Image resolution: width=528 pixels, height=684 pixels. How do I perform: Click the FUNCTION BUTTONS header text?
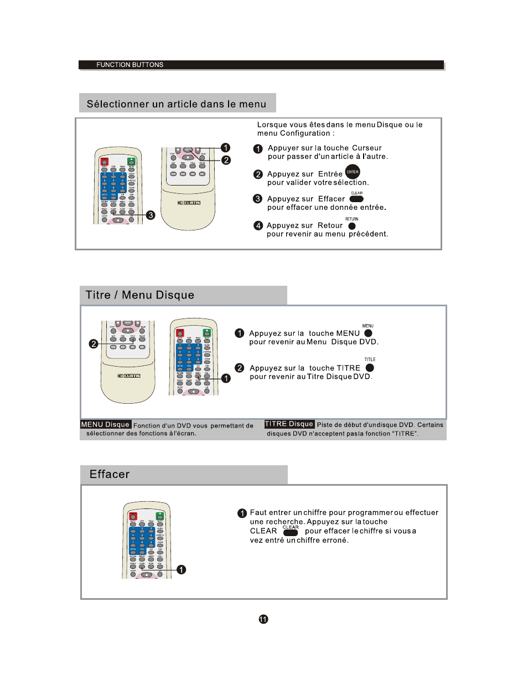(130, 65)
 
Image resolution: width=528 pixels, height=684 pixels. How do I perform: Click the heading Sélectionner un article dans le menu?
(177, 104)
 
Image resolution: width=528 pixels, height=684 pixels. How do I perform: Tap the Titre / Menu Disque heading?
(140, 295)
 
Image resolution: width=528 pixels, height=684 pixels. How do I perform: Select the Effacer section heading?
(110, 474)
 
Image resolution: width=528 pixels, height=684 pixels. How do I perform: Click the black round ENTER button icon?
(353, 172)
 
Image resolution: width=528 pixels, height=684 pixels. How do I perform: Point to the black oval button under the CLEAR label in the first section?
(356, 199)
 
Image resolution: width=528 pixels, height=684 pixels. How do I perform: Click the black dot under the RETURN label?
(352, 226)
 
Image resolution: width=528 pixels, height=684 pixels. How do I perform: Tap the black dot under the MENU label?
(368, 333)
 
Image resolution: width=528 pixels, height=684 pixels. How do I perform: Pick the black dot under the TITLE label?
(370, 368)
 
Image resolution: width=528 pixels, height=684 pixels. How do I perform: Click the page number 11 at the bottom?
(263, 619)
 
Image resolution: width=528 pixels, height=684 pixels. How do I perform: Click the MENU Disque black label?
(106, 425)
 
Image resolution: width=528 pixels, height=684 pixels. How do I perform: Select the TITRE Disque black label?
(289, 424)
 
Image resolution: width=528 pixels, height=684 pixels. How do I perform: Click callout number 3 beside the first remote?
(151, 215)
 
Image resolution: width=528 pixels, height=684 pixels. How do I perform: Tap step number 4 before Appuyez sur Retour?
(258, 225)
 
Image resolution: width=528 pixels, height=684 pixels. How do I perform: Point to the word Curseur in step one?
(367, 148)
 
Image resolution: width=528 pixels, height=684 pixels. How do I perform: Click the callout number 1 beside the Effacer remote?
(182, 569)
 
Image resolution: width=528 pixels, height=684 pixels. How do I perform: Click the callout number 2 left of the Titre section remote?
(94, 344)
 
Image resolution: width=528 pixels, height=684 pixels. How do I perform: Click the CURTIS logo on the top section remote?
(189, 203)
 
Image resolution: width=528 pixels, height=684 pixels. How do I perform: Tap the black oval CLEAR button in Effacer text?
(291, 533)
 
